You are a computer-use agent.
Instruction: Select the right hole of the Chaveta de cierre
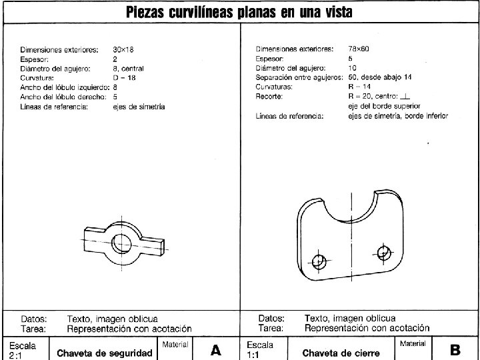[383, 253]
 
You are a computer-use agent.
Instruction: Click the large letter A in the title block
[216, 349]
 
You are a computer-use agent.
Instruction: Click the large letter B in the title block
[455, 349]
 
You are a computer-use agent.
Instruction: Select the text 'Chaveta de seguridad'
[105, 353]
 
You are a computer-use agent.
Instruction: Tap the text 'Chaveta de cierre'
[341, 353]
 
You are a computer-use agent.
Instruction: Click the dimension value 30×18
[124, 49]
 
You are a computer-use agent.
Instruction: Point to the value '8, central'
[128, 68]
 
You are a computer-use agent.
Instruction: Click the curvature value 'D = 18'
[125, 77]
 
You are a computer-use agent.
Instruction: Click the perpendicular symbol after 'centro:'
[405, 96]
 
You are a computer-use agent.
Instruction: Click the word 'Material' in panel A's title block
[175, 344]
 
